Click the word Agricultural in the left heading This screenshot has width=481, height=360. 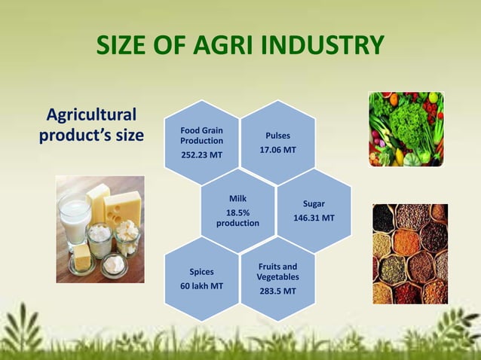coord(91,115)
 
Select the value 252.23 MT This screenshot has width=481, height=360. coord(201,155)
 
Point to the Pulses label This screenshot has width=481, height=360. coord(277,136)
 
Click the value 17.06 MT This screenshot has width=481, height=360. coord(277,150)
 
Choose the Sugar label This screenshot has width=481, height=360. coord(314,203)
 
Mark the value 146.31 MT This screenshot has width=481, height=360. coord(314,218)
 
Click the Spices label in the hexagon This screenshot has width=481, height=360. coord(201,272)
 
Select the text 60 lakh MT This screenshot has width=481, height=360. coord(201,286)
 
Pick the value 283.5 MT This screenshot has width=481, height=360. coord(277,291)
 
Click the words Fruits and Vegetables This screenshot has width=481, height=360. coord(277,272)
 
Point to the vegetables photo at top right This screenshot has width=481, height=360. coord(406,129)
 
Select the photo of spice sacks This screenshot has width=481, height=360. coord(409,254)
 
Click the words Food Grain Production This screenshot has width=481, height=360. coord(201,136)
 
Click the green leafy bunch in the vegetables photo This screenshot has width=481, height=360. coord(408,121)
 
